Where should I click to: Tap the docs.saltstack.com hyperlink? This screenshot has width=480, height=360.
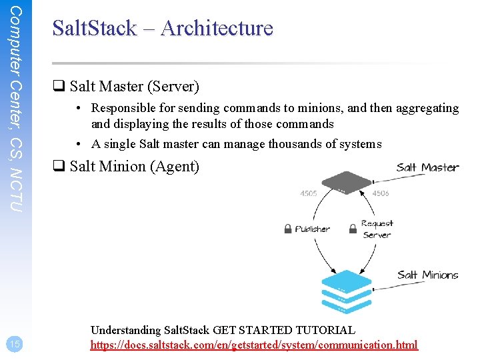point(254,345)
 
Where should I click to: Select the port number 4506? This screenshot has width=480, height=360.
point(381,194)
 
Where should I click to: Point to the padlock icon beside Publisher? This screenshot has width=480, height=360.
point(288,229)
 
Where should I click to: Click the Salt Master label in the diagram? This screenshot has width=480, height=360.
point(427,167)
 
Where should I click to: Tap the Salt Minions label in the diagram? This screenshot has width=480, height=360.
point(427,275)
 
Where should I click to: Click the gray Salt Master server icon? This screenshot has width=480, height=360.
point(347,182)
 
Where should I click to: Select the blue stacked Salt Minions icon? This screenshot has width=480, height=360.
point(346,291)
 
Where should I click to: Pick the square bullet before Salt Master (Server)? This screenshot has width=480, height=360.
point(58,87)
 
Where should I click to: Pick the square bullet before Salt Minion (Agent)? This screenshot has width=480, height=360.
point(58,167)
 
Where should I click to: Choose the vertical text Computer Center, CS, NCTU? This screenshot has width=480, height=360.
point(17,110)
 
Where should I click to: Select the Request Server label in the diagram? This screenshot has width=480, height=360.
point(377,229)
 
